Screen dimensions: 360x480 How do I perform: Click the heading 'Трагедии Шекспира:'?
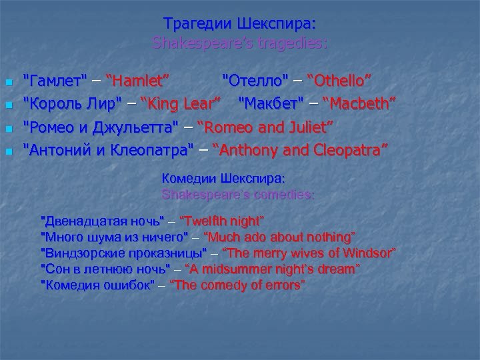tap(240, 24)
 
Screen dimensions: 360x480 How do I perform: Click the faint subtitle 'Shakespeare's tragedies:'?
tap(240, 44)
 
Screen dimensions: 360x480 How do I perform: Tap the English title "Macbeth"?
tap(359, 104)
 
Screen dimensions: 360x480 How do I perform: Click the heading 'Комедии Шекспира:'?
tap(224, 179)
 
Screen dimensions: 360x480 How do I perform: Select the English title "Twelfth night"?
tap(223, 220)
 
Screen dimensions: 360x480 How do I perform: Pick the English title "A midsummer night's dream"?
tap(271, 269)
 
